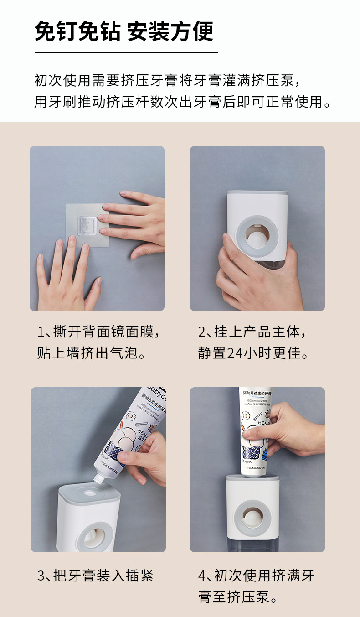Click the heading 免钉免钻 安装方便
coord(124,32)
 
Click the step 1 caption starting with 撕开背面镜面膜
coord(99,332)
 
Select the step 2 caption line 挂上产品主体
coord(253,332)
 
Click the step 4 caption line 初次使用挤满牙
coord(256,576)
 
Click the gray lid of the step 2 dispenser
coord(258,193)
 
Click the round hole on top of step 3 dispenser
coord(89,493)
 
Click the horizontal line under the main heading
coord(126,52)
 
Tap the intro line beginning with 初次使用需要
coord(167,80)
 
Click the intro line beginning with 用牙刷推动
coord(182,101)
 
